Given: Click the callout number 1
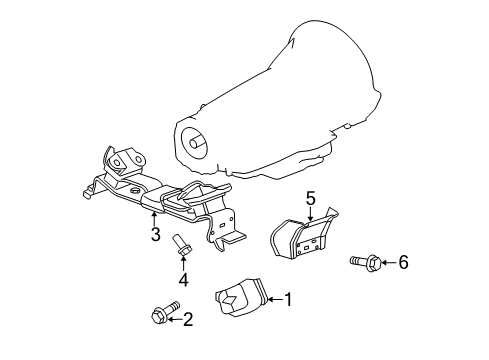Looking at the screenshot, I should (x=288, y=297).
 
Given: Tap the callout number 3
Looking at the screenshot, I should (x=155, y=235).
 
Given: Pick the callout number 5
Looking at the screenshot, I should (x=310, y=199).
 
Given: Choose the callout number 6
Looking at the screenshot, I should (x=403, y=262).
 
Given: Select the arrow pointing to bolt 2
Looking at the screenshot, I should (x=175, y=319).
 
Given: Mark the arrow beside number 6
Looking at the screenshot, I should (x=388, y=262).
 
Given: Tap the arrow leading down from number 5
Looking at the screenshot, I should (x=310, y=212).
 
